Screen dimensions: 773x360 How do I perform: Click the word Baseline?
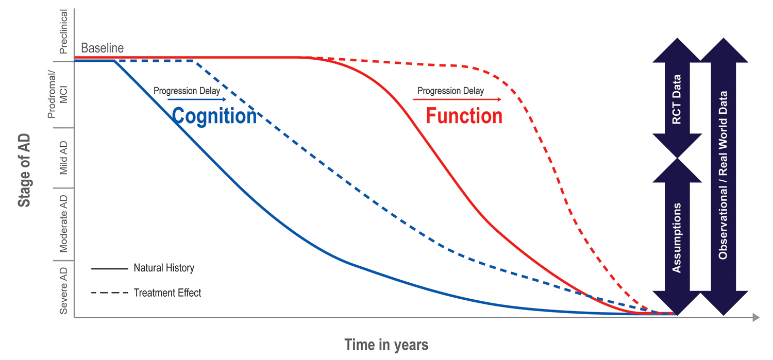click(102, 48)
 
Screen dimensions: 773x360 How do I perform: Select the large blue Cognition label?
click(214, 116)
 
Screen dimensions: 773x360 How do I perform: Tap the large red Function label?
click(464, 115)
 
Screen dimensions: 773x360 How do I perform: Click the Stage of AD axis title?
click(24, 170)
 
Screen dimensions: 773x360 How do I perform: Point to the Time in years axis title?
click(386, 345)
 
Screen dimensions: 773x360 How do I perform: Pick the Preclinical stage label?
click(63, 32)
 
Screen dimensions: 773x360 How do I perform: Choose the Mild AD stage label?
click(63, 158)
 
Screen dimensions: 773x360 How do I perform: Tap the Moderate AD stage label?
click(63, 224)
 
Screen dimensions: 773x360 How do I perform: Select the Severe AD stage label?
click(63, 290)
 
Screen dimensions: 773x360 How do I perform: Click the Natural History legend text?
click(164, 268)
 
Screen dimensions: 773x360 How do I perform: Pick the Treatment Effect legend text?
click(167, 293)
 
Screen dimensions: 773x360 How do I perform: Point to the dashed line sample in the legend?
click(109, 293)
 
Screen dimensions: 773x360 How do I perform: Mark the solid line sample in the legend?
click(109, 268)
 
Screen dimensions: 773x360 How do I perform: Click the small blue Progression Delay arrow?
click(197, 99)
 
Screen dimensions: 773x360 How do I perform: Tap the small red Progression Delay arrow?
click(457, 99)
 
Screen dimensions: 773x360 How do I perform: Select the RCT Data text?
click(677, 99)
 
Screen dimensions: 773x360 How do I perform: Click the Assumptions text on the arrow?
click(677, 238)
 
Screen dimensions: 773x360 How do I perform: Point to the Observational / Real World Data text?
click(723, 175)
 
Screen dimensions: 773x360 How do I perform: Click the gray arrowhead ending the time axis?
click(756, 317)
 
